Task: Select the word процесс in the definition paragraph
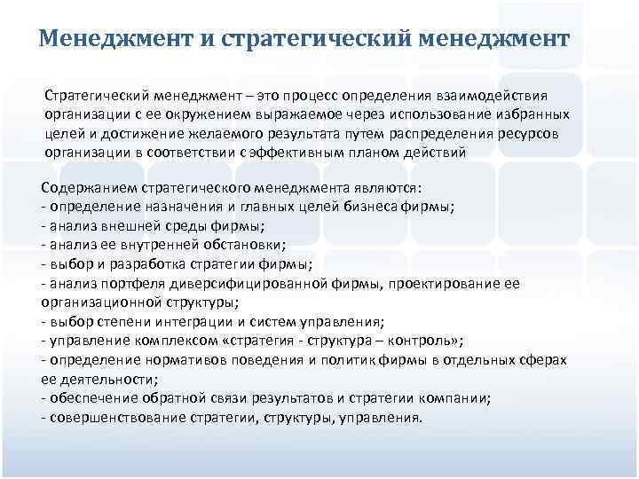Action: tap(309, 96)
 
